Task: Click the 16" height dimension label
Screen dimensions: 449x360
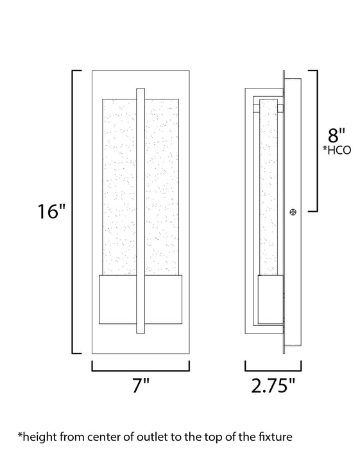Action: point(52,212)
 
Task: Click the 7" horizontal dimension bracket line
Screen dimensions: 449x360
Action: point(141,370)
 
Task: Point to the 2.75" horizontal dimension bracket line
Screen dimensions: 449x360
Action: point(273,370)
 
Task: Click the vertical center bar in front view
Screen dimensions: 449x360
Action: point(141,212)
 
